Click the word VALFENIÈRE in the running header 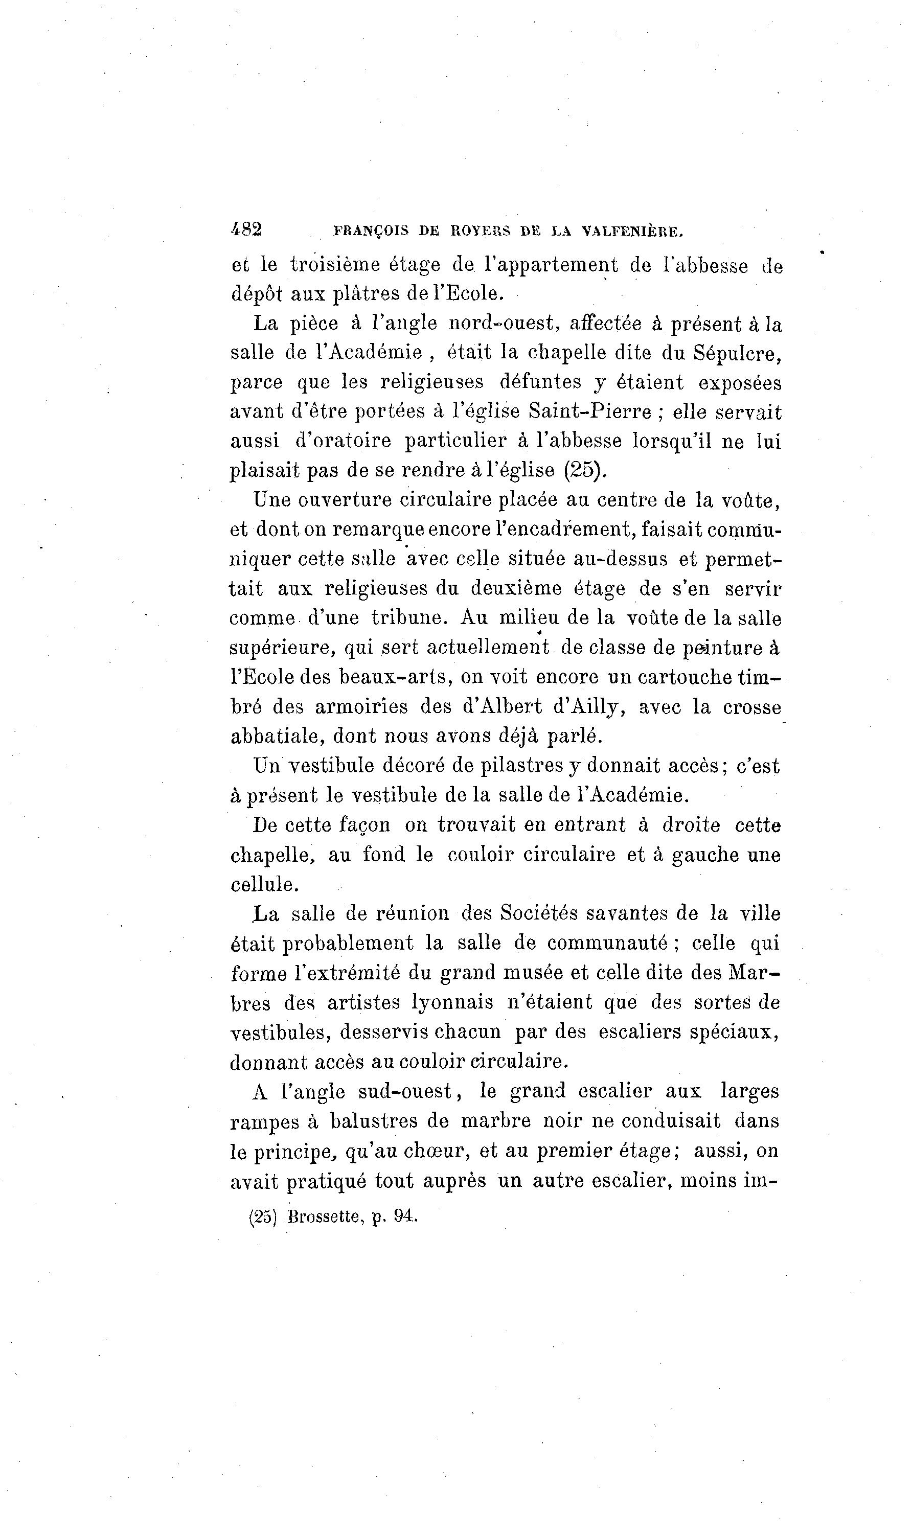tap(632, 232)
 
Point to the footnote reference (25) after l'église tap(584, 470)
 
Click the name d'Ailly tap(589, 707)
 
